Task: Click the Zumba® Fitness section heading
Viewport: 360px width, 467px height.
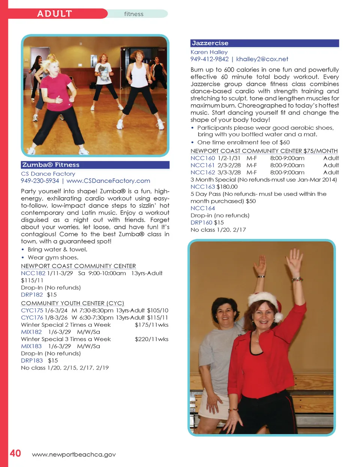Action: pyautogui.click(x=51, y=165)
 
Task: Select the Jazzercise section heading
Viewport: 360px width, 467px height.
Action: pyautogui.click(x=210, y=43)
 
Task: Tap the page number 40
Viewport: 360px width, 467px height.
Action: pyautogui.click(x=15, y=453)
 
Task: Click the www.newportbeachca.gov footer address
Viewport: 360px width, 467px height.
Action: pyautogui.click(x=74, y=455)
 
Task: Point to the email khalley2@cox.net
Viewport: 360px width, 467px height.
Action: pyautogui.click(x=262, y=59)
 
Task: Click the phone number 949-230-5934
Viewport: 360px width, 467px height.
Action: pyautogui.click(x=40, y=181)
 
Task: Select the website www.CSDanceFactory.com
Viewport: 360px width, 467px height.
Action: pyautogui.click(x=108, y=181)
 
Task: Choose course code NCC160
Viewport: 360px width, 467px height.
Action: pyautogui.click(x=202, y=158)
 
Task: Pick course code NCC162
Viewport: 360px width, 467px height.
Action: pyautogui.click(x=202, y=173)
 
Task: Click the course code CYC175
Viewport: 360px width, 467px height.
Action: pyautogui.click(x=32, y=311)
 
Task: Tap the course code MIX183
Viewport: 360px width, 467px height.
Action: pyautogui.click(x=31, y=346)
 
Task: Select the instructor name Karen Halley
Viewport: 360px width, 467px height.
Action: pyautogui.click(x=209, y=52)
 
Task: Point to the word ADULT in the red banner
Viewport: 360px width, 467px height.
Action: pyautogui.click(x=54, y=14)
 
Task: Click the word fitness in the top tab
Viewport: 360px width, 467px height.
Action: pyautogui.click(x=134, y=14)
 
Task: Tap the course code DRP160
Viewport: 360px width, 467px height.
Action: pyautogui.click(x=201, y=222)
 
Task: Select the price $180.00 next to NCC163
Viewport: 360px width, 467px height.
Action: pyautogui.click(x=227, y=187)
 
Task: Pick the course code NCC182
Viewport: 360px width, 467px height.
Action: pyautogui.click(x=33, y=273)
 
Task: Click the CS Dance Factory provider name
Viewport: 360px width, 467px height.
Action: pyautogui.click(x=48, y=174)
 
